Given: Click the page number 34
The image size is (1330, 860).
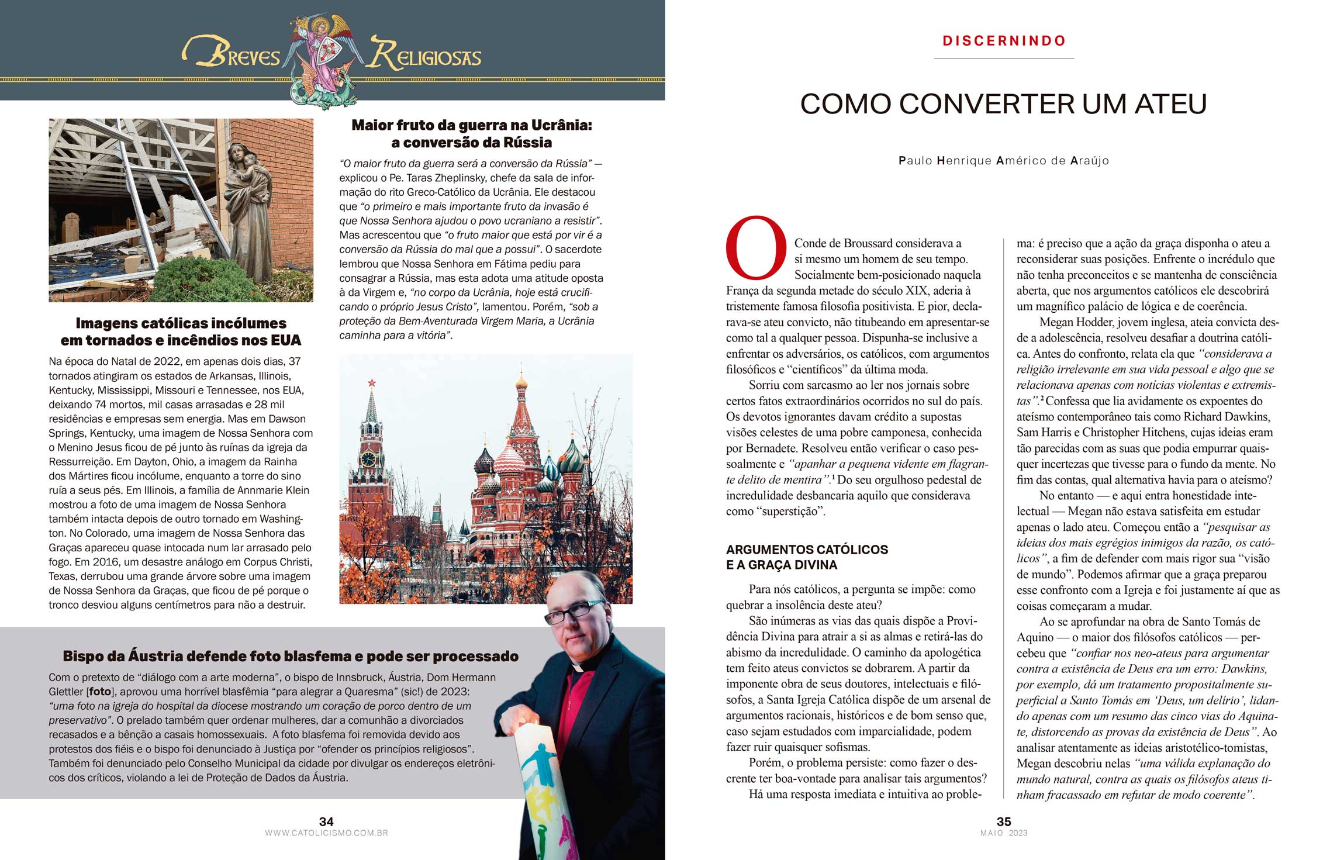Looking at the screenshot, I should [x=326, y=821].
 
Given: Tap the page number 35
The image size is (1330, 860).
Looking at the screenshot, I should [x=1004, y=821].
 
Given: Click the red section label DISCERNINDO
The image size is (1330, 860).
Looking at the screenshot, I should [x=1004, y=41].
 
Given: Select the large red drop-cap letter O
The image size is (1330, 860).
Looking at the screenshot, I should [x=755, y=248].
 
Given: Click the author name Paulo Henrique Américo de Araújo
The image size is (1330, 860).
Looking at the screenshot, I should [x=1004, y=161].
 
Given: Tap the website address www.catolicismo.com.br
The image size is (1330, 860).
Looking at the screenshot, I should [x=326, y=833].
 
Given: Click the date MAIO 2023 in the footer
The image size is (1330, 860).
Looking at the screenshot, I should [x=1004, y=833].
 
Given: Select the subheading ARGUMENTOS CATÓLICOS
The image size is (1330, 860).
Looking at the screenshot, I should [x=807, y=550].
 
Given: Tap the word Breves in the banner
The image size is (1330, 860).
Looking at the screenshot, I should [x=233, y=54].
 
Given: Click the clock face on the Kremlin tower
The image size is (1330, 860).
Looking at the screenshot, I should [x=368, y=458].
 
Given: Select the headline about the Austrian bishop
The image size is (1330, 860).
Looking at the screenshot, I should [x=291, y=656].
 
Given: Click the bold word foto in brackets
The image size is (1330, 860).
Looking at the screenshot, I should [x=101, y=692].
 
